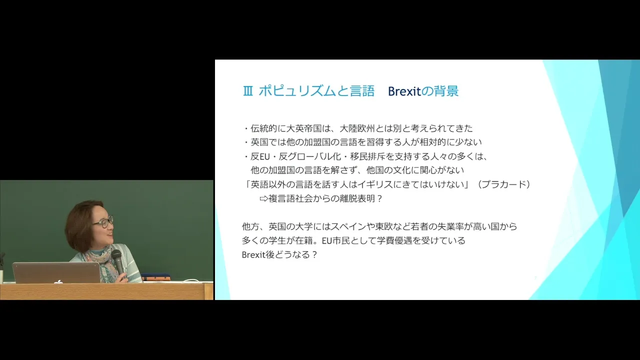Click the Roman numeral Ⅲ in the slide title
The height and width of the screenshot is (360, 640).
click(247, 91)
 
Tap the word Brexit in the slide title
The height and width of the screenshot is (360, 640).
click(404, 91)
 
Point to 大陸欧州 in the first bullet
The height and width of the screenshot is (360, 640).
click(357, 128)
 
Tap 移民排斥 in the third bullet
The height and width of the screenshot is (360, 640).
click(368, 156)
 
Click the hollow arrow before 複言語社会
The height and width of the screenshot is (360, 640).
click(263, 199)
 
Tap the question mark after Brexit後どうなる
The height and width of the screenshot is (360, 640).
click(315, 255)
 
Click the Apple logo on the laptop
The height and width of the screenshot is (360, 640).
click(59, 281)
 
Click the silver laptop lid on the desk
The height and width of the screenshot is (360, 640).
click(56, 272)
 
